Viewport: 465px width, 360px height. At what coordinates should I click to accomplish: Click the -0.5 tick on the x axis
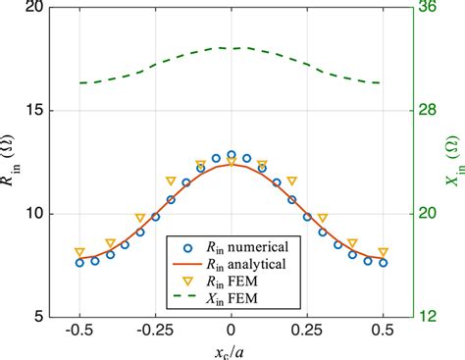pos(78,332)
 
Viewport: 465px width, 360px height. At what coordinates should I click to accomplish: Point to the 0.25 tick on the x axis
pos(307,332)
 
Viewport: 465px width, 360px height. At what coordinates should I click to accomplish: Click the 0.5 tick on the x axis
pos(383,332)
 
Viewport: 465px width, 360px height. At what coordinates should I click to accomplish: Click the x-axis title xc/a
pos(231,350)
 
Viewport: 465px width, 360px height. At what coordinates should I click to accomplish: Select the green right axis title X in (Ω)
pos(453,162)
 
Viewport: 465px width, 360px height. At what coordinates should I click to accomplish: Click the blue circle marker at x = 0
pos(231,155)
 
